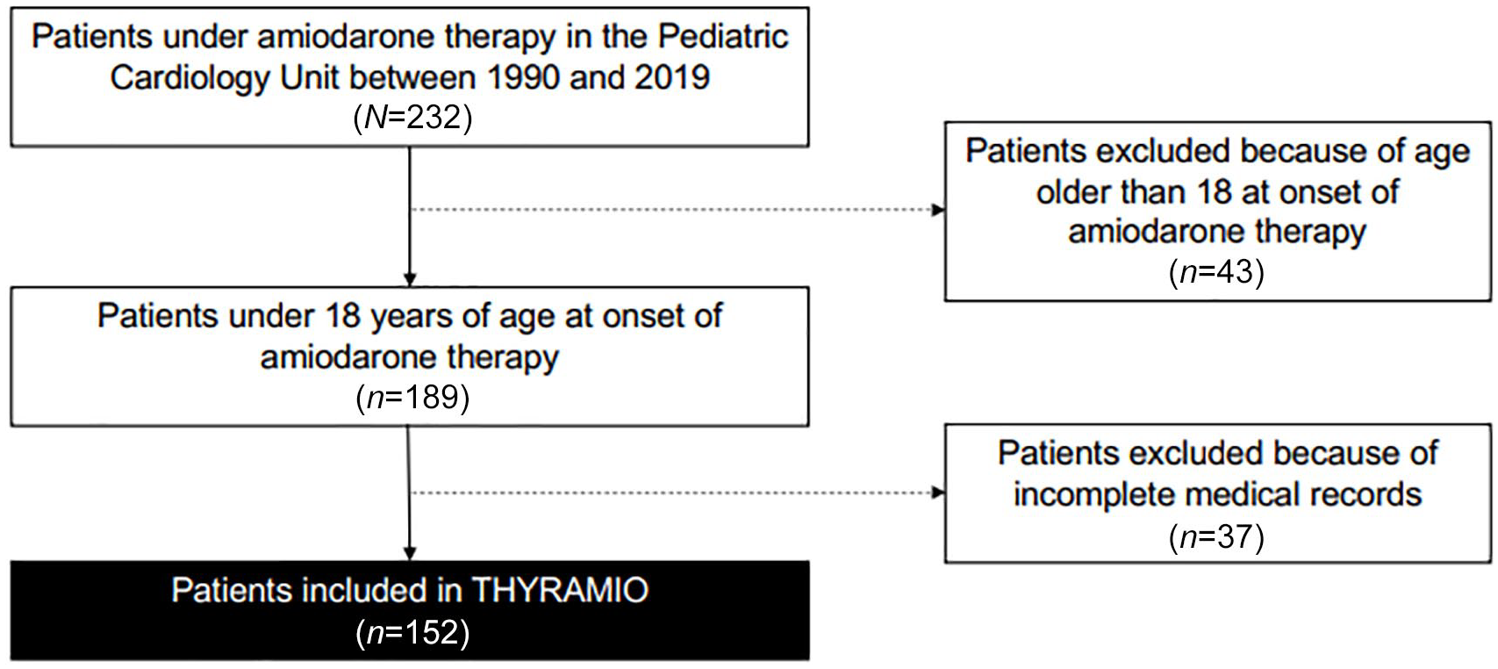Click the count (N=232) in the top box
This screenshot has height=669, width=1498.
click(x=412, y=118)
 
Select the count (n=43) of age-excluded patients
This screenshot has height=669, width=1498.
click(x=1217, y=272)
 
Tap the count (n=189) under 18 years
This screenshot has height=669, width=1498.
click(x=412, y=398)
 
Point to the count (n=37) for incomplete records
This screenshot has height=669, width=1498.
click(x=1217, y=536)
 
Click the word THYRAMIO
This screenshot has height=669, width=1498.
click(x=561, y=590)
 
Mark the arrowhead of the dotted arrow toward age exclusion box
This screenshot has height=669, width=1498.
click(x=938, y=210)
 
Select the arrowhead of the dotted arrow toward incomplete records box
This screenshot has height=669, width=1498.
click(x=938, y=493)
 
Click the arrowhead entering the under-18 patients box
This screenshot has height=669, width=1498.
click(x=410, y=280)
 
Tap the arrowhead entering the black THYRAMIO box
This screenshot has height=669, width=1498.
click(x=409, y=553)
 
